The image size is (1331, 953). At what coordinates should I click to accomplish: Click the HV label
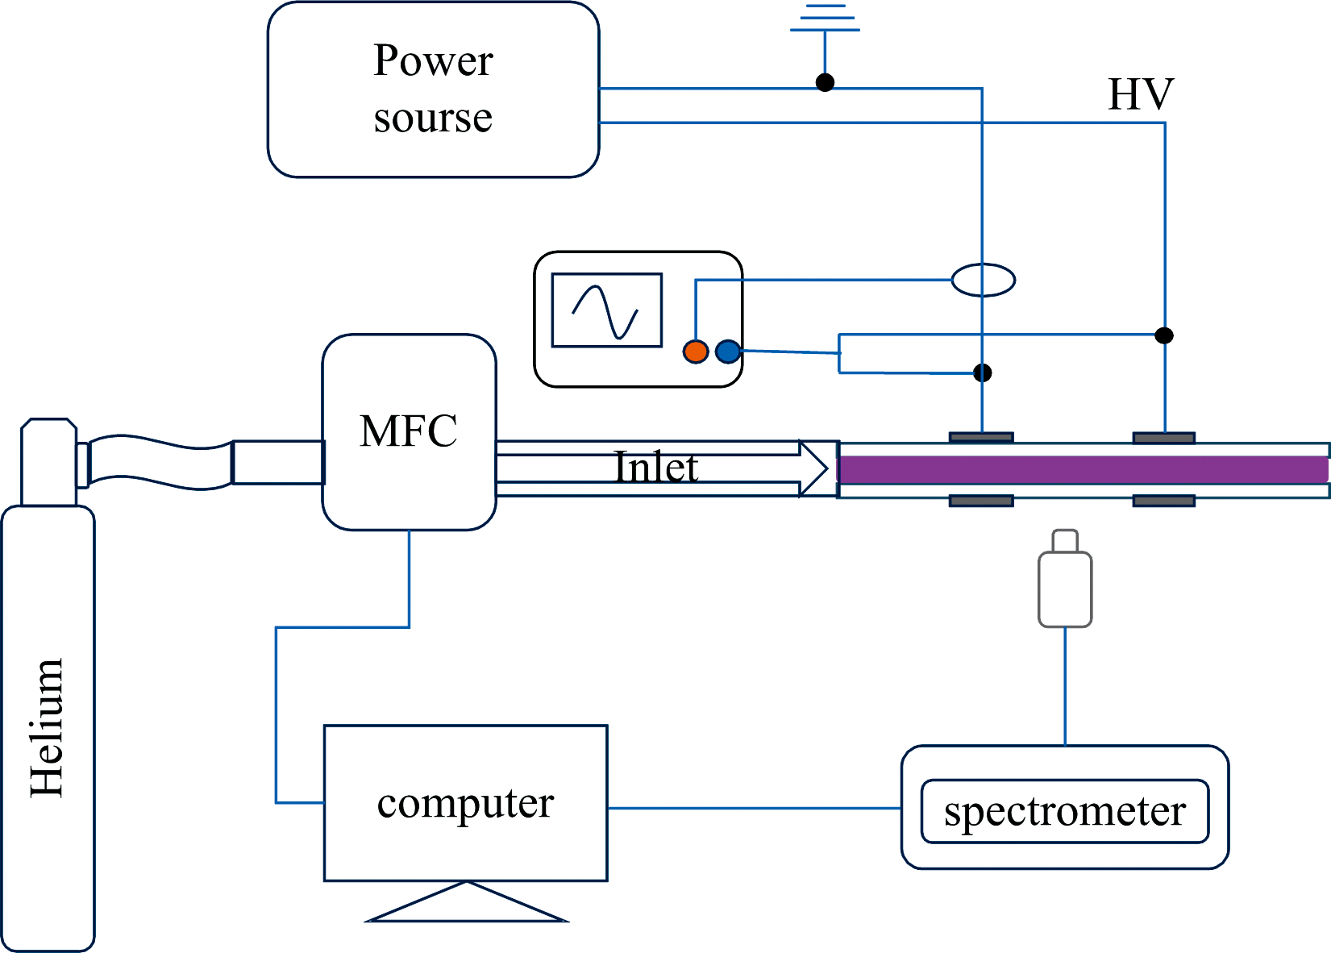pyautogui.click(x=1140, y=94)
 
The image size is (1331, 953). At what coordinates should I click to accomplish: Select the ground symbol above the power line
pyautogui.click(x=825, y=20)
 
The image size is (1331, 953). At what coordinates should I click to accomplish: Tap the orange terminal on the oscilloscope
pyautogui.click(x=695, y=352)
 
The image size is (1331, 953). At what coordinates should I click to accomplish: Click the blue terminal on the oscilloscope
pyautogui.click(x=727, y=352)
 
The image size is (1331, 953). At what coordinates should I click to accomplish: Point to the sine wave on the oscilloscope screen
pyautogui.click(x=605, y=311)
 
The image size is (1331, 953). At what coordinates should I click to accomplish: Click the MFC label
pyautogui.click(x=409, y=431)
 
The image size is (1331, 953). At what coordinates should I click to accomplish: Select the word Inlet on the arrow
pyautogui.click(x=656, y=468)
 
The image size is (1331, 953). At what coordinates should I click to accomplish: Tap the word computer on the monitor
pyautogui.click(x=465, y=803)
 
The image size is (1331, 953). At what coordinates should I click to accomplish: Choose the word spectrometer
pyautogui.click(x=1064, y=811)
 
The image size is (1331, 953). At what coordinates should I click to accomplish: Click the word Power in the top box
pyautogui.click(x=433, y=60)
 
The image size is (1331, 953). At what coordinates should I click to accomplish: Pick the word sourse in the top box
pyautogui.click(x=433, y=118)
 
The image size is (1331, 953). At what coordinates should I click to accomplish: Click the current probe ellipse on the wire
pyautogui.click(x=983, y=281)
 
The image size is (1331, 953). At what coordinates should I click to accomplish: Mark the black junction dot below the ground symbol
pyautogui.click(x=825, y=82)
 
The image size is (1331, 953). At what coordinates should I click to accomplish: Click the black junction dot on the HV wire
pyautogui.click(x=1163, y=335)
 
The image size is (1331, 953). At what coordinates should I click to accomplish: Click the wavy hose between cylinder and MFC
pyautogui.click(x=157, y=462)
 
